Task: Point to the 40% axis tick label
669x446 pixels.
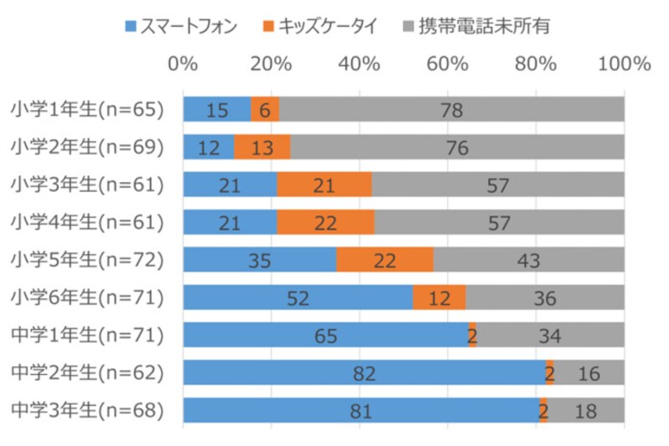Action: pos(359,63)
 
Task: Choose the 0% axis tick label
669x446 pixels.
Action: pos(183,63)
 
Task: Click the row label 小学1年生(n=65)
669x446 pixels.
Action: pos(87,109)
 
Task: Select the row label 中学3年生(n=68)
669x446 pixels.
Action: pos(87,410)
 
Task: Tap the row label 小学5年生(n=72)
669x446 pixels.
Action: pos(87,259)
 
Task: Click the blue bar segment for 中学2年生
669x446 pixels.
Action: pos(364,373)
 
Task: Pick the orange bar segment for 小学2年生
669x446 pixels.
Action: pos(262,147)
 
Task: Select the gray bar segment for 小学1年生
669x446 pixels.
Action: pos(452,109)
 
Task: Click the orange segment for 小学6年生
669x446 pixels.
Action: pos(439,297)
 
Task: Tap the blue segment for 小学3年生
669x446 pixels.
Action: pos(230,185)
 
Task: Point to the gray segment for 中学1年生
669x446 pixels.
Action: pos(549,335)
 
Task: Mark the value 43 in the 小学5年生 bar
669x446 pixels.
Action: pos(529,260)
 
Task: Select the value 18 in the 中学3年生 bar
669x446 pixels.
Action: pos(589,410)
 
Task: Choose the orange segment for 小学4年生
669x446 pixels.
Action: pos(325,222)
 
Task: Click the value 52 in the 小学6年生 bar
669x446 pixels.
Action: pos(298,297)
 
